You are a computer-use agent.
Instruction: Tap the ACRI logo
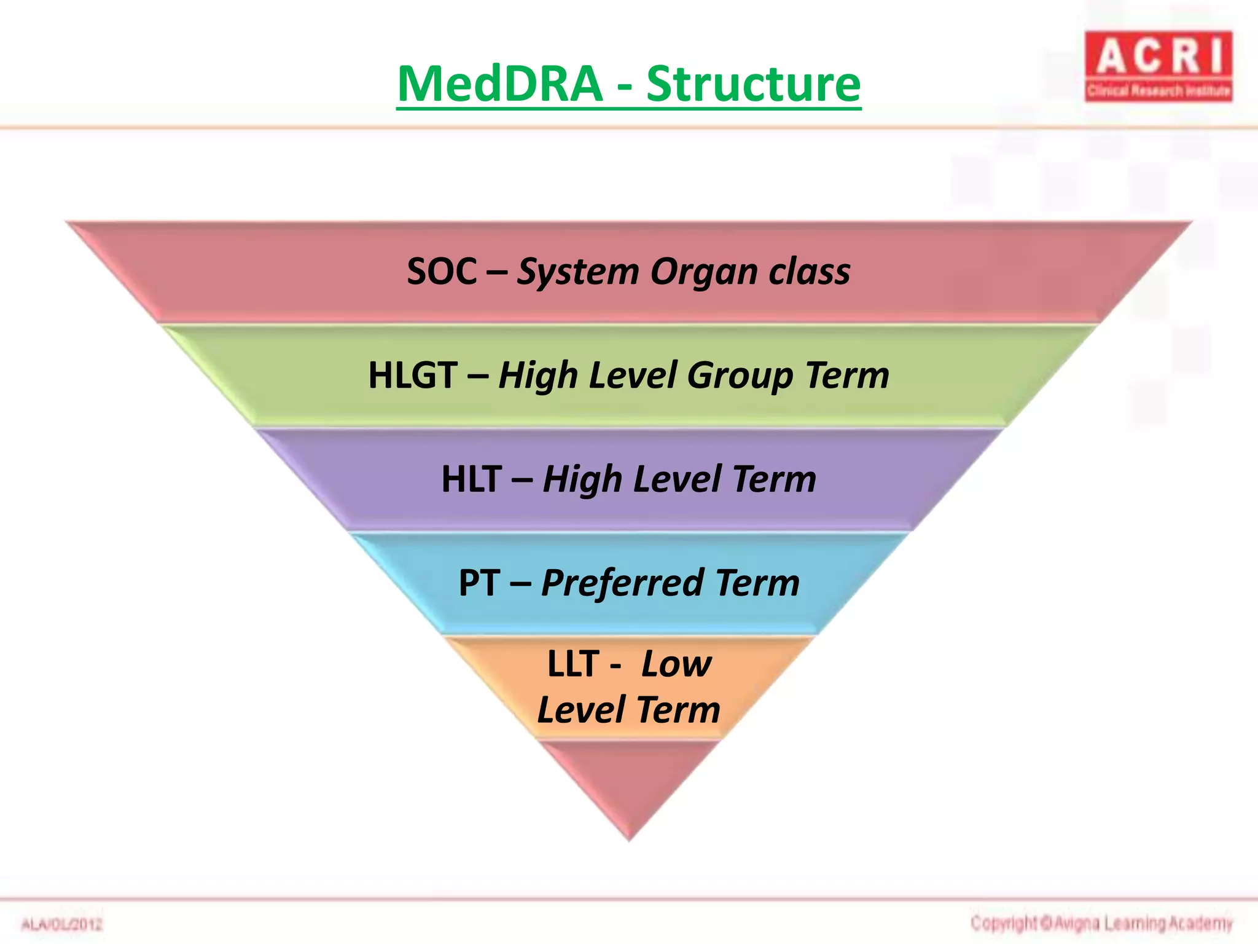point(1158,66)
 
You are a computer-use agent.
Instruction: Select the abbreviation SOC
point(442,271)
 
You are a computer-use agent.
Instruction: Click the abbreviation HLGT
point(413,375)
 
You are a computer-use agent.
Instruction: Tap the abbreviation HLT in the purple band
point(471,479)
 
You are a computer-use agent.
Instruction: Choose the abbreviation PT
point(479,583)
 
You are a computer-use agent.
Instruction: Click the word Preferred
point(622,584)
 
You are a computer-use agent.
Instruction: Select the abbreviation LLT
point(572,664)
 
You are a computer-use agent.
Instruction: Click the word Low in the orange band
point(676,664)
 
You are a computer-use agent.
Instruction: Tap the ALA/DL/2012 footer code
point(62,924)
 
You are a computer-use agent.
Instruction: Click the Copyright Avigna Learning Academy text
point(1101,923)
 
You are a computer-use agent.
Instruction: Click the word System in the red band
point(578,272)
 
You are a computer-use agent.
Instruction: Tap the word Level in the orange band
point(581,710)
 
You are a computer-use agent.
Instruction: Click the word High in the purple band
point(582,480)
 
